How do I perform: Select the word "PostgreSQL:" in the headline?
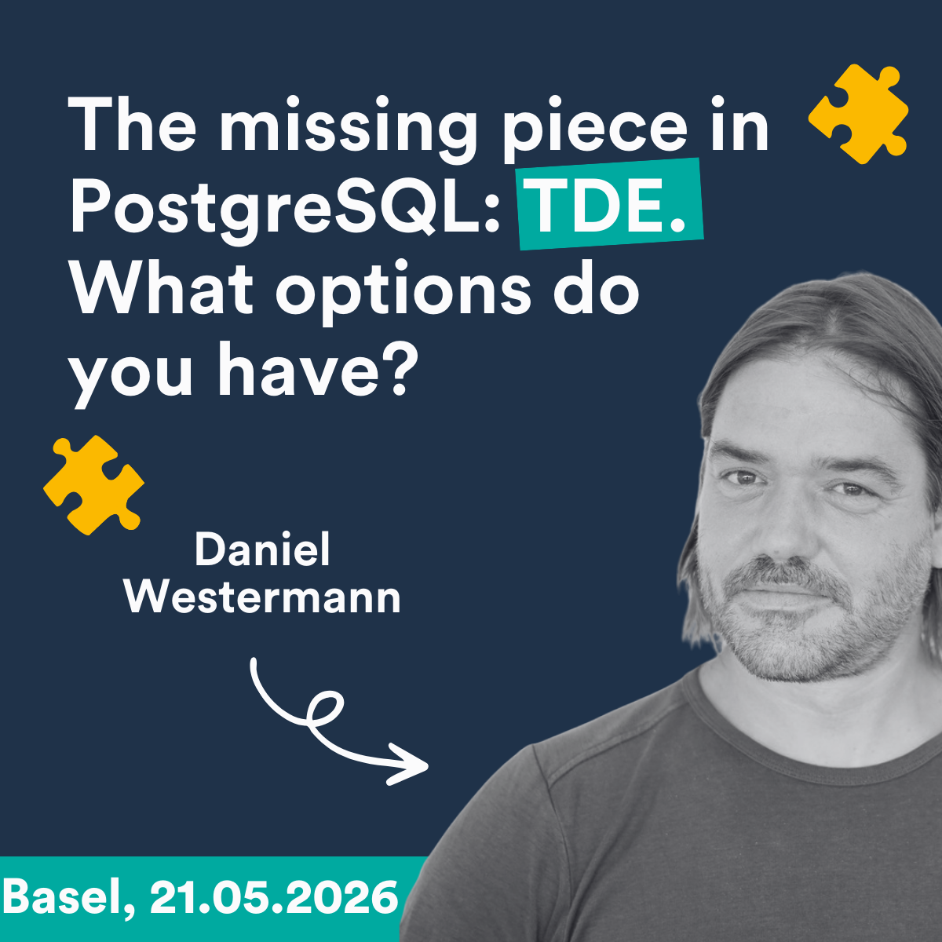286,211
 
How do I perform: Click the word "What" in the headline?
162,291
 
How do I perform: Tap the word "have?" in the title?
318,370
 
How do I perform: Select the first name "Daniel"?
262,549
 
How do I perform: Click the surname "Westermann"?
262,597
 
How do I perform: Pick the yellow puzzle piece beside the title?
859,114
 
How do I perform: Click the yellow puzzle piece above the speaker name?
93,485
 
